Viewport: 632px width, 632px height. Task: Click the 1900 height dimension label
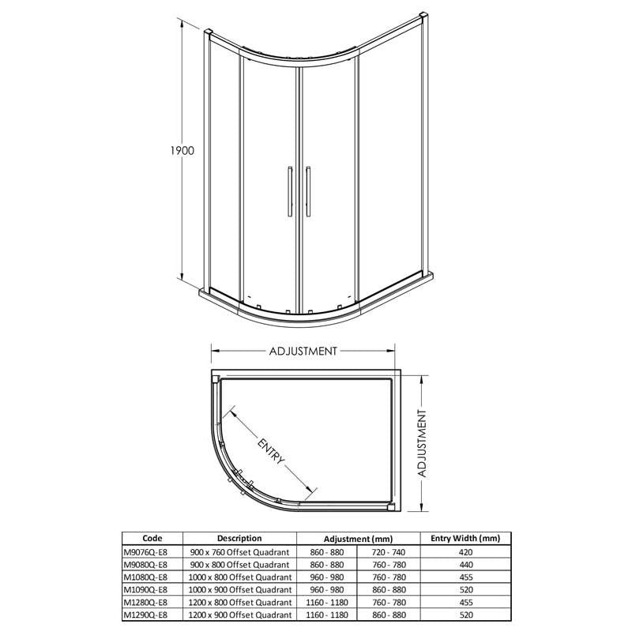tap(182, 151)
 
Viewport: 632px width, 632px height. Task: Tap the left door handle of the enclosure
tap(290, 191)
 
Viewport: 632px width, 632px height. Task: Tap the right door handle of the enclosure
tap(308, 191)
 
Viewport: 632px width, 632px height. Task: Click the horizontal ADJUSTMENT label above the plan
tap(303, 351)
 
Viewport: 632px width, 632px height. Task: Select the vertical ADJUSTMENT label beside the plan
tap(422, 444)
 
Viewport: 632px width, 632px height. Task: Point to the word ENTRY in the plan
tap(271, 450)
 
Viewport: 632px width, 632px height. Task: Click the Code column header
tap(152, 538)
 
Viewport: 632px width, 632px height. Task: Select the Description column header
tap(239, 538)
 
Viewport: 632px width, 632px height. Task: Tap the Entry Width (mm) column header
tap(465, 538)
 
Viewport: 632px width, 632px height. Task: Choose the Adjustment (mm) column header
tap(358, 539)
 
